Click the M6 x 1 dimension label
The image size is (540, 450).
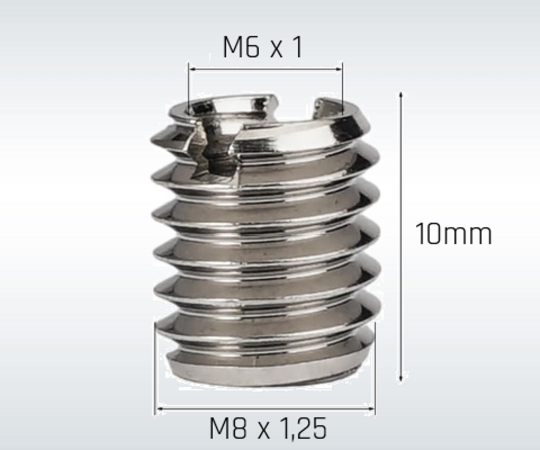click(263, 47)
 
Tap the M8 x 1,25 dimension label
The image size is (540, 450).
click(268, 428)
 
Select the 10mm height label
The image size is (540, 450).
click(454, 233)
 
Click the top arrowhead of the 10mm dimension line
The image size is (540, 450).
click(401, 95)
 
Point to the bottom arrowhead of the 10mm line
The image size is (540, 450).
click(401, 378)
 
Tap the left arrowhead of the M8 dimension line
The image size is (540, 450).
click(160, 409)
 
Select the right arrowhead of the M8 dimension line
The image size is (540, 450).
click(371, 409)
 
